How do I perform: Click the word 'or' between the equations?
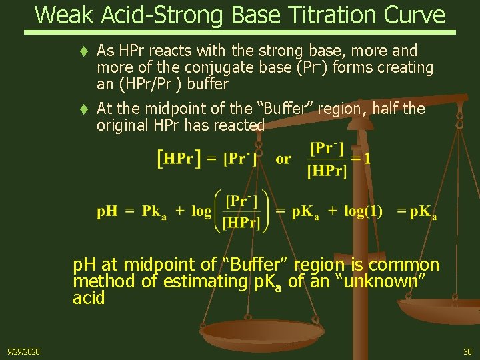pyautogui.click(x=283, y=159)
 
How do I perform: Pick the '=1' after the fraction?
pyautogui.click(x=361, y=159)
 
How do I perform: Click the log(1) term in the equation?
pyautogui.click(x=363, y=211)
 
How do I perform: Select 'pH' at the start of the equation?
pyautogui.click(x=107, y=211)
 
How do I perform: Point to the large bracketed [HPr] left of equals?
pyautogui.click(x=178, y=159)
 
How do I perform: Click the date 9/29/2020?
pyautogui.click(x=23, y=351)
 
